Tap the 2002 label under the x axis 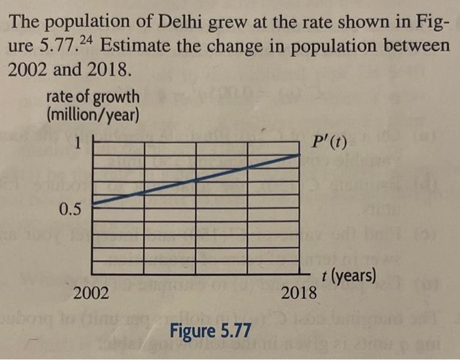coord(91,292)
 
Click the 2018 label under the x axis coord(298,292)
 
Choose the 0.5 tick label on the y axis coord(70,210)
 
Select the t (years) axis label coord(350,276)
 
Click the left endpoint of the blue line coord(91,204)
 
